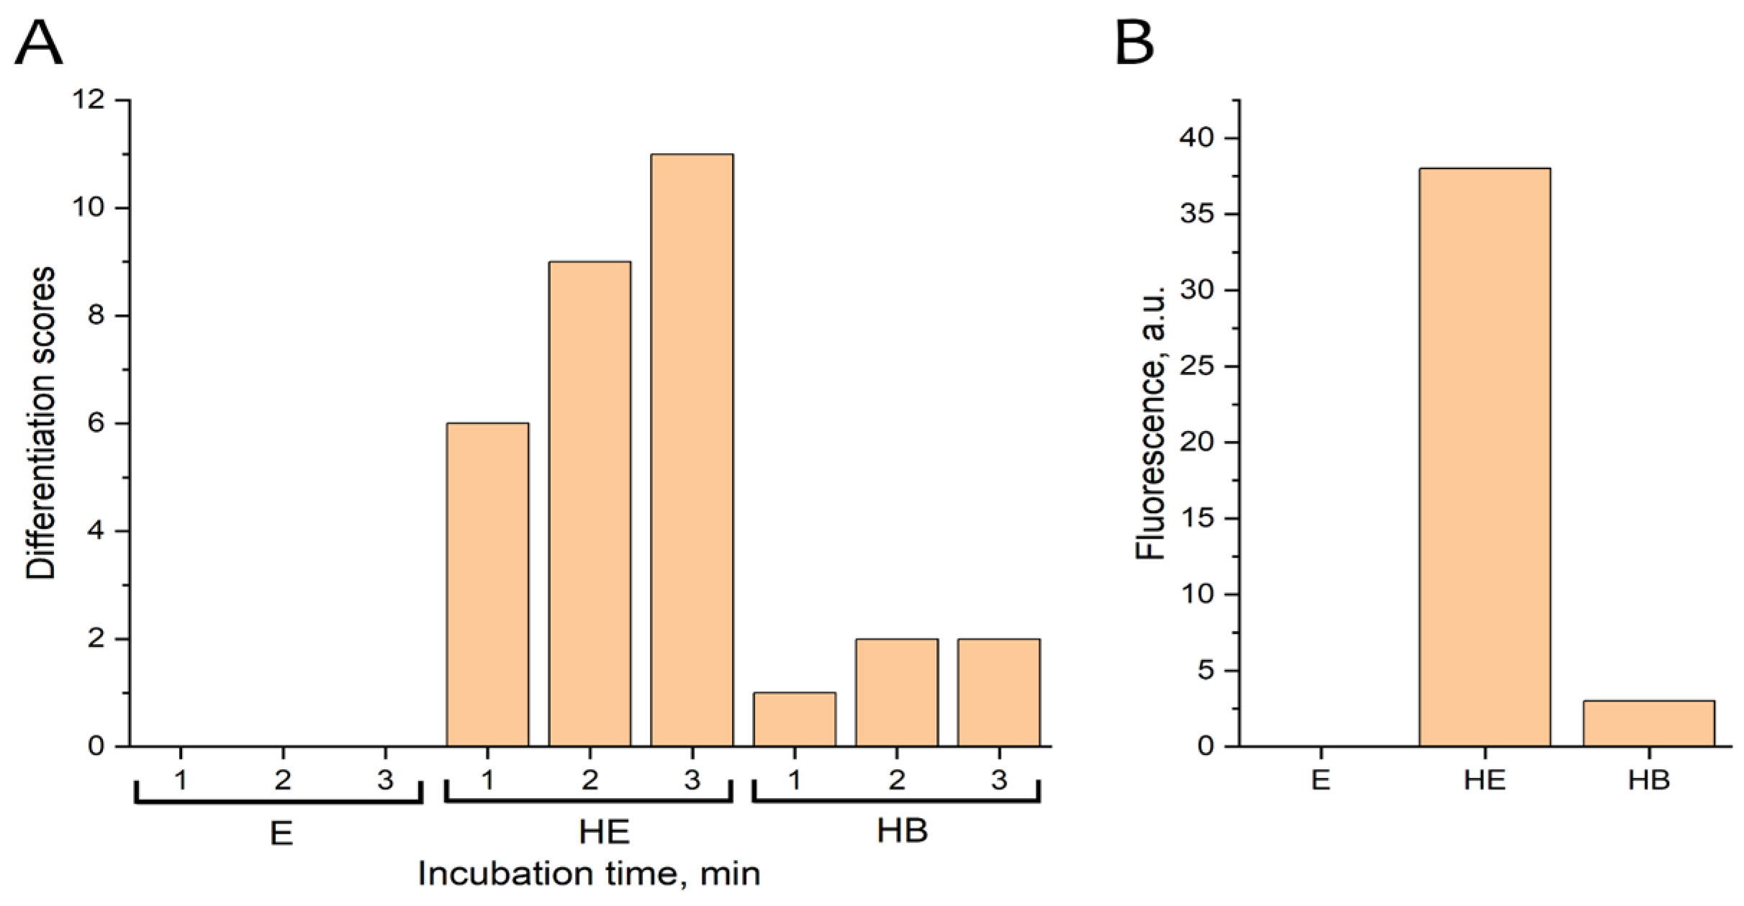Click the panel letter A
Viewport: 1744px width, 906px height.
coord(39,43)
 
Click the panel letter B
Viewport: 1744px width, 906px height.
coord(1134,43)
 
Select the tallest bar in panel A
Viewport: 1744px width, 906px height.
coord(692,450)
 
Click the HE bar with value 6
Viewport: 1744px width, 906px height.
coord(487,584)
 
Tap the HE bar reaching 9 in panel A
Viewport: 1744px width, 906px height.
coord(589,504)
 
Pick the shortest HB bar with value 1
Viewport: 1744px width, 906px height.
coord(794,719)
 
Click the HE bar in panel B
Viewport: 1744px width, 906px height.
coord(1484,457)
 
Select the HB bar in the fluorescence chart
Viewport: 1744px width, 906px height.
coord(1648,722)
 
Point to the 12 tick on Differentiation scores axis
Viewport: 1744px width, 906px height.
coord(88,100)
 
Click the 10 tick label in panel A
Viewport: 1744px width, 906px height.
coord(88,208)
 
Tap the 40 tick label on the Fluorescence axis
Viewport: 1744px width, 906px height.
coord(1196,137)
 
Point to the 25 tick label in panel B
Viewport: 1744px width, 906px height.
coord(1196,366)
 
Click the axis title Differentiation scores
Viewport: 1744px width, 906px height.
coord(41,423)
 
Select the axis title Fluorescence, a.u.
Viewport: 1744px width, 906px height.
coord(1149,423)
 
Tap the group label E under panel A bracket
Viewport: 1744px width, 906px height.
coord(281,833)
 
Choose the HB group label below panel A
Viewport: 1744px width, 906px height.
coord(902,831)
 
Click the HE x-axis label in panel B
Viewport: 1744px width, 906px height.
coord(1484,780)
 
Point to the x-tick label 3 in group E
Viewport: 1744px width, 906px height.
coord(385,780)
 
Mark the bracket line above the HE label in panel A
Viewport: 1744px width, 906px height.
coord(589,801)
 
